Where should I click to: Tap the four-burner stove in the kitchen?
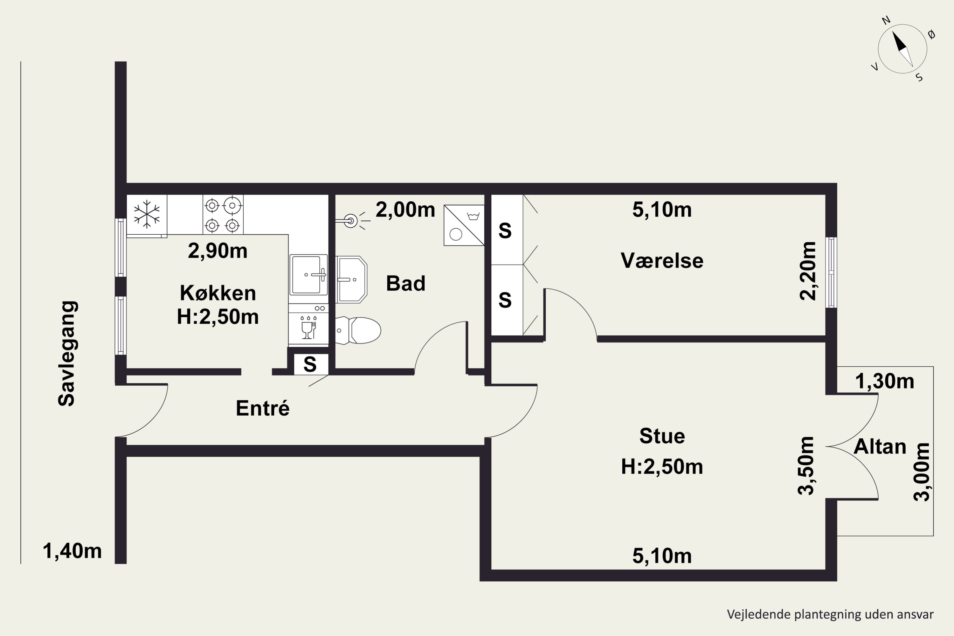click(223, 215)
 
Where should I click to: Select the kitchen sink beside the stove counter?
click(308, 275)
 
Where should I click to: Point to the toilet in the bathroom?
click(359, 330)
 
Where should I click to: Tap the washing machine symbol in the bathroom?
click(464, 225)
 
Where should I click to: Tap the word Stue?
click(662, 436)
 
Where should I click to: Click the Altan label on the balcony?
click(880, 446)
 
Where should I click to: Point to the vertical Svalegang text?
click(66, 353)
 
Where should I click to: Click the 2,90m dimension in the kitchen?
click(218, 251)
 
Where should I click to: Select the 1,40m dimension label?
click(72, 551)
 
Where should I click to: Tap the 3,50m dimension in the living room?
click(806, 466)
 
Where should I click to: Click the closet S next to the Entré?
click(310, 364)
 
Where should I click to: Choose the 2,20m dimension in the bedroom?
click(808, 271)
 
